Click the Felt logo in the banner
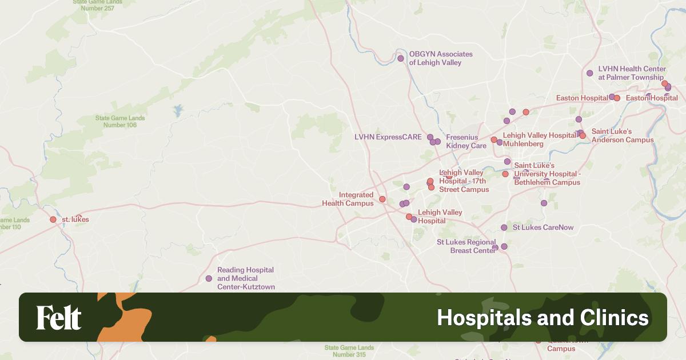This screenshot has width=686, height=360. tap(59, 318)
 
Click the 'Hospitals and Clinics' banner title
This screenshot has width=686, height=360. tap(543, 318)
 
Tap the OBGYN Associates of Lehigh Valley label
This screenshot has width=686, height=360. tap(440, 58)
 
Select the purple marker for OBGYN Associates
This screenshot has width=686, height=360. tap(401, 58)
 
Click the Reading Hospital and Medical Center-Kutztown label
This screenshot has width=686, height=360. tap(246, 278)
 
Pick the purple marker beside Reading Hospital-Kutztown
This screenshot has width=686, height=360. tap(209, 278)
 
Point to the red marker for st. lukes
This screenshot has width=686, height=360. tap(53, 219)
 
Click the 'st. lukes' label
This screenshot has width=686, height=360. tap(75, 219)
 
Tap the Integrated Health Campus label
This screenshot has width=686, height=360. tap(348, 199)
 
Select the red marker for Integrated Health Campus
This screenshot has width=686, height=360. tap(382, 199)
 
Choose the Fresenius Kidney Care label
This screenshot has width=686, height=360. tap(466, 142)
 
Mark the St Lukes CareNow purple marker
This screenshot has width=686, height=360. tap(504, 227)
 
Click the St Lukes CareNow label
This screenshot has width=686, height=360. tap(543, 227)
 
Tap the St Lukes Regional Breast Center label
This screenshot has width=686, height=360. tap(466, 246)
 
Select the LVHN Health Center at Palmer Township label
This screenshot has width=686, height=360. tap(631, 73)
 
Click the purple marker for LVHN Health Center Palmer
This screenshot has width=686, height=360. tap(590, 73)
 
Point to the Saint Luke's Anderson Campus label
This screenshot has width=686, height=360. tap(622, 135)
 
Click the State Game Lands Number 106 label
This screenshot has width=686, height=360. tap(120, 122)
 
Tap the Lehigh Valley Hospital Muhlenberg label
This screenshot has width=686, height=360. tap(539, 139)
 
